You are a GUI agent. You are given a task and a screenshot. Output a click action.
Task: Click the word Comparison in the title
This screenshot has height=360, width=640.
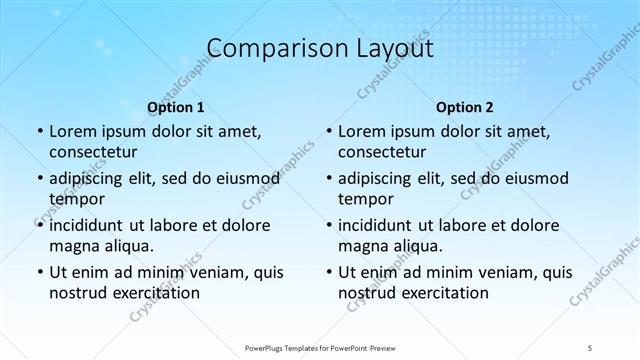(262, 47)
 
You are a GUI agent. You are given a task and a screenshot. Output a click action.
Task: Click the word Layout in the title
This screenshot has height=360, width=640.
(391, 47)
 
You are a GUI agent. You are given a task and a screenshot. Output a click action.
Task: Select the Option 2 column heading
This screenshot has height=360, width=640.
(465, 106)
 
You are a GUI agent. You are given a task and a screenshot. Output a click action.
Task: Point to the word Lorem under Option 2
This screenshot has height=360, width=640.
(362, 131)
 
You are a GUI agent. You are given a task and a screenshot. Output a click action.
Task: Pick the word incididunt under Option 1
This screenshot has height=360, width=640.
(91, 225)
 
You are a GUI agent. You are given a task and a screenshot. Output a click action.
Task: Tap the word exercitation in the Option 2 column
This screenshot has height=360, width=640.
(444, 293)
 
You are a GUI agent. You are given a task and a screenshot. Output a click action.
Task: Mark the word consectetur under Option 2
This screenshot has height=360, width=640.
(385, 153)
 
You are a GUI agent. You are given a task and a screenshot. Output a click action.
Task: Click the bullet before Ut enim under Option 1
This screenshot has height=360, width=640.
(38, 272)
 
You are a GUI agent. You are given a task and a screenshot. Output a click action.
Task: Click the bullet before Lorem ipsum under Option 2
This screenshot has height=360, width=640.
(328, 131)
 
